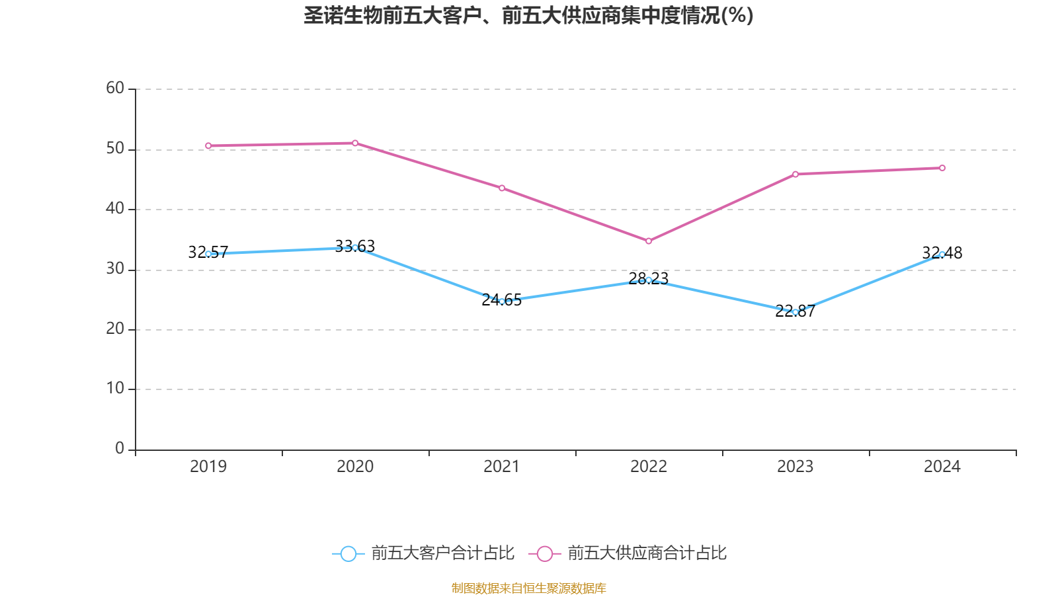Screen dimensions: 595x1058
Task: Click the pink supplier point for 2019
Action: (208, 146)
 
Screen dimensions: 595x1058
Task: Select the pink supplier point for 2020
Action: (355, 143)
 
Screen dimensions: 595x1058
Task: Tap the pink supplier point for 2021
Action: (502, 188)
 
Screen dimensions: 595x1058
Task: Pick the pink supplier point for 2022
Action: (649, 241)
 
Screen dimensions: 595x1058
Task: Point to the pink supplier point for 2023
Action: (795, 175)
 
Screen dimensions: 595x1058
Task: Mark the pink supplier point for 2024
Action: (942, 168)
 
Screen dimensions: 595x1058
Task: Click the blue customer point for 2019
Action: (208, 254)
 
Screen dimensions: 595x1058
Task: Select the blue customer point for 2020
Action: (355, 247)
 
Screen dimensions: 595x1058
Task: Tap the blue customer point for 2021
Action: (502, 301)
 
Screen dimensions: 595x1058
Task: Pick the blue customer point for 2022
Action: (649, 280)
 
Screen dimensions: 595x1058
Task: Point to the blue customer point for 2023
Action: (795, 312)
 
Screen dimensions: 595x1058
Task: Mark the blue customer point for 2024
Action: (942, 255)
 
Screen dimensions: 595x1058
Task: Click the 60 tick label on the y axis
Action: (115, 88)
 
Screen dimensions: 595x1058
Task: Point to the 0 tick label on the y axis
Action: (120, 448)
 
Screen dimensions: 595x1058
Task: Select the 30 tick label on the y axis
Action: (115, 268)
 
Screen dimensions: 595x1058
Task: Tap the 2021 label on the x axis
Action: (502, 467)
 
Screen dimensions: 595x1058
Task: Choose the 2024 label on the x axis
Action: (942, 467)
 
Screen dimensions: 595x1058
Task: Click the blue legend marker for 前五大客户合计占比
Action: (348, 553)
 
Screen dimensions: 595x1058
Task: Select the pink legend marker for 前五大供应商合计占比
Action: (545, 553)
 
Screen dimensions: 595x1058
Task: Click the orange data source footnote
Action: (529, 588)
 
